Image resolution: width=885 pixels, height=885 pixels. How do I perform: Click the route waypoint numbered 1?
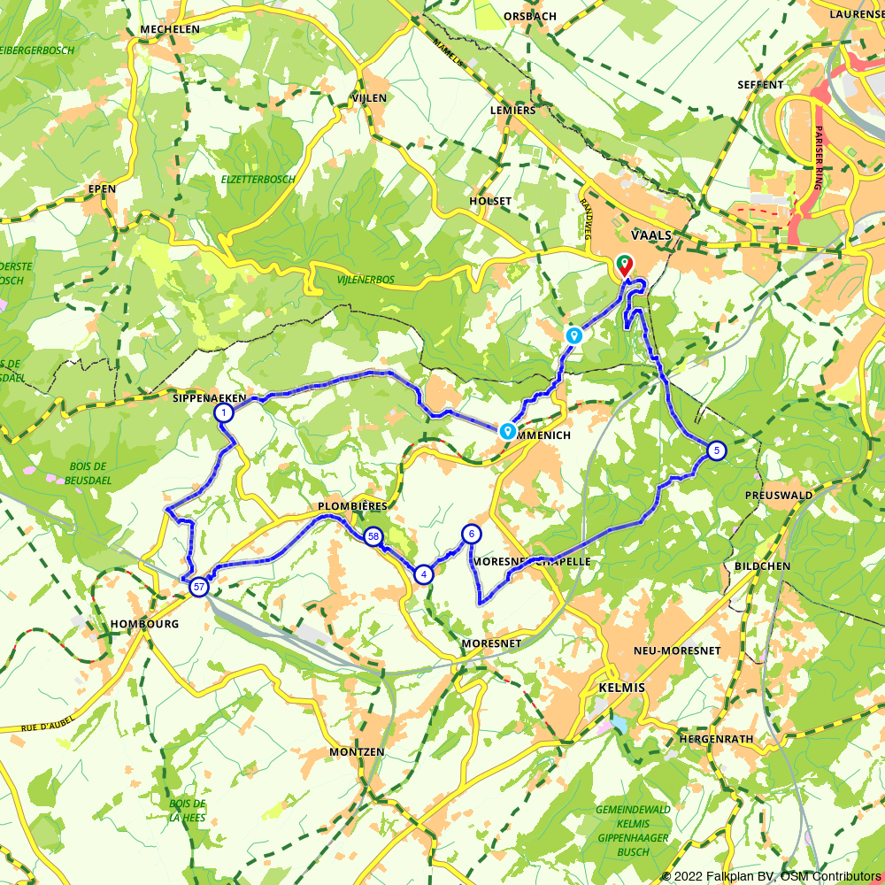tap(224, 412)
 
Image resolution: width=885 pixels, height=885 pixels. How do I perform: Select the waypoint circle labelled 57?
tap(200, 587)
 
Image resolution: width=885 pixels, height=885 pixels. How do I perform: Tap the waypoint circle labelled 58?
tap(373, 536)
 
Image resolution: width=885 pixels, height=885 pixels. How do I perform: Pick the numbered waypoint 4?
tap(425, 574)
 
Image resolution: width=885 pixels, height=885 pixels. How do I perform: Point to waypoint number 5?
tap(716, 450)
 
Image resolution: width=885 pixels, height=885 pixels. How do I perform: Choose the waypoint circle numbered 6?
tap(472, 534)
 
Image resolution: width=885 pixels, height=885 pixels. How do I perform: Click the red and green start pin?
tap(625, 265)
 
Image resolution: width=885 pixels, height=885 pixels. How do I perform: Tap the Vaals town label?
tap(652, 235)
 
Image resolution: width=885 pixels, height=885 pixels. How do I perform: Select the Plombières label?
tap(352, 505)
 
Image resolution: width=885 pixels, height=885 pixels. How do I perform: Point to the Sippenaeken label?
tap(210, 398)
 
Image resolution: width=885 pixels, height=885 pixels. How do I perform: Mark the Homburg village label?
tap(145, 624)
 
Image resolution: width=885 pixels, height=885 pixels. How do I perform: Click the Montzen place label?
tap(357, 751)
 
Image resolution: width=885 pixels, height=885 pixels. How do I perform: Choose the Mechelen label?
tap(170, 29)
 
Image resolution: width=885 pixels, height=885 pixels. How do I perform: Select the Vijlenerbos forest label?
tap(366, 280)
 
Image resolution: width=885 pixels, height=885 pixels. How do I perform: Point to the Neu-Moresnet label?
tap(677, 650)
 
